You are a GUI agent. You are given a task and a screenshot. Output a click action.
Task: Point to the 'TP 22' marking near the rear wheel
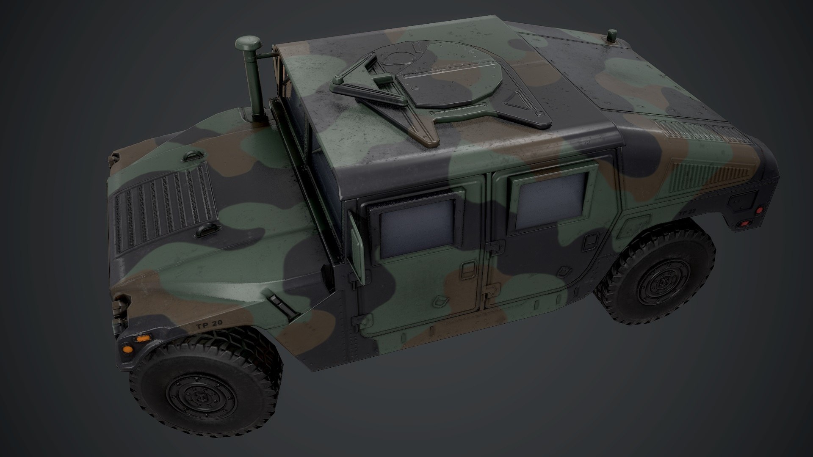[687, 214]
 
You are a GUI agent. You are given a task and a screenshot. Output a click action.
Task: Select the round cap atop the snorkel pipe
[246, 44]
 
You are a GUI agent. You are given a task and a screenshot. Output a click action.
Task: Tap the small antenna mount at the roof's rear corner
[612, 36]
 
